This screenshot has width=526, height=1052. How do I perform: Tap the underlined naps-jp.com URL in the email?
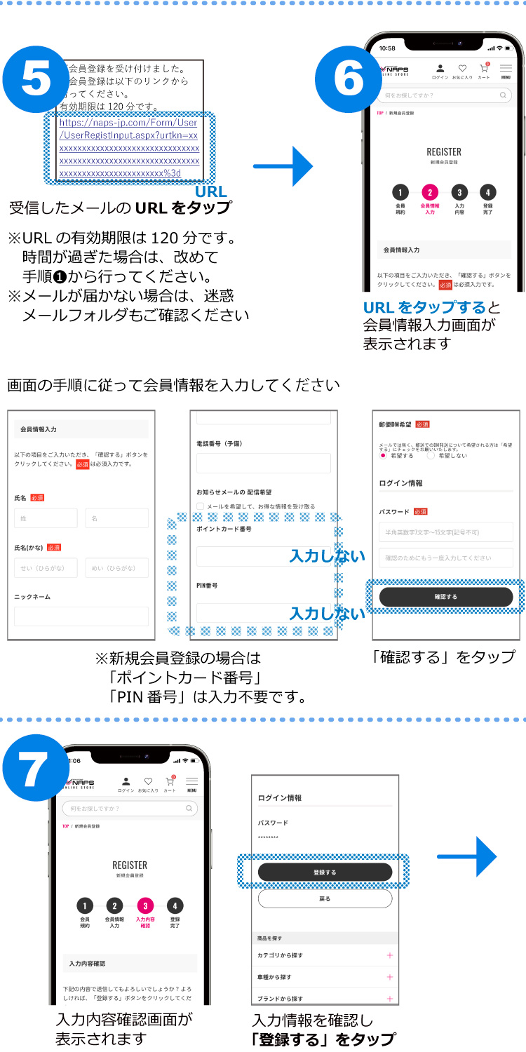point(129,148)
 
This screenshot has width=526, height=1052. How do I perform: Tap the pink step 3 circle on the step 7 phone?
point(145,905)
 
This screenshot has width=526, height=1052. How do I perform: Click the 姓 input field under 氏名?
point(46,518)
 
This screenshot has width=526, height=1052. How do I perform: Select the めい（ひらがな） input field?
point(116,568)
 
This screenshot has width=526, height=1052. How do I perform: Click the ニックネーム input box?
point(81,616)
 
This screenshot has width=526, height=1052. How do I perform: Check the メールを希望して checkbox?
point(201,506)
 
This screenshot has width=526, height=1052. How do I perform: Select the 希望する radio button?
point(383,455)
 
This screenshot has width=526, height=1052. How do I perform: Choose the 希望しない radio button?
point(431,455)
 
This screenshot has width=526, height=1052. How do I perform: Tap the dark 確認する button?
point(446,597)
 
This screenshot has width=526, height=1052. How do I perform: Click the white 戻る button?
point(325,898)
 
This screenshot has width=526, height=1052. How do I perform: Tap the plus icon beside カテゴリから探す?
point(390,955)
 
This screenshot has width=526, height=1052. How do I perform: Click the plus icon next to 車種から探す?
point(390,977)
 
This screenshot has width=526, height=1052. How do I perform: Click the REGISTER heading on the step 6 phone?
point(444,151)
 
